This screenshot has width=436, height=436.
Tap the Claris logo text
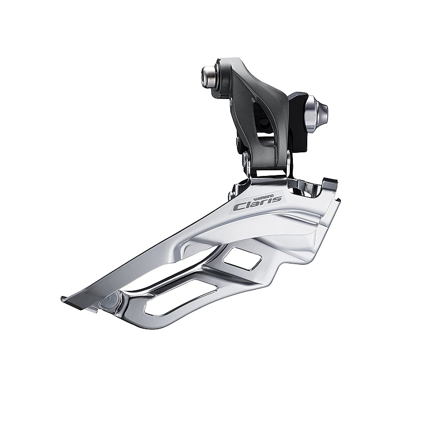[x=257, y=203]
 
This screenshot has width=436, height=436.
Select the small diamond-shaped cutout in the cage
[x=243, y=259]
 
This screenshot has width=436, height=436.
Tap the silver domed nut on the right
[x=318, y=114]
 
